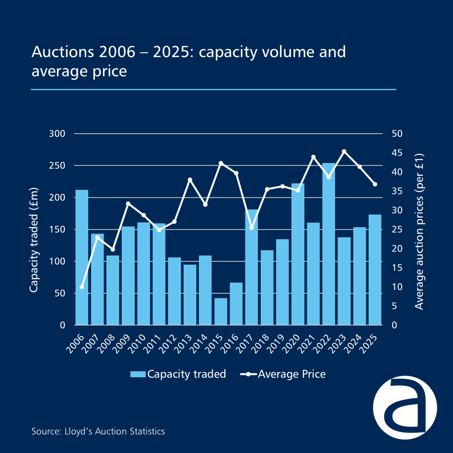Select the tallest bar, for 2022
click(328, 244)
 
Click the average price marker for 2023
click(344, 151)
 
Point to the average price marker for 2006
click(82, 287)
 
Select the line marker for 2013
click(190, 180)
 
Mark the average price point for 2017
click(251, 228)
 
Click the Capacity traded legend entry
click(178, 374)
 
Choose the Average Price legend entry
click(282, 374)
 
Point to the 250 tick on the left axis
click(57, 165)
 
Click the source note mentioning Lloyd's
click(98, 431)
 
